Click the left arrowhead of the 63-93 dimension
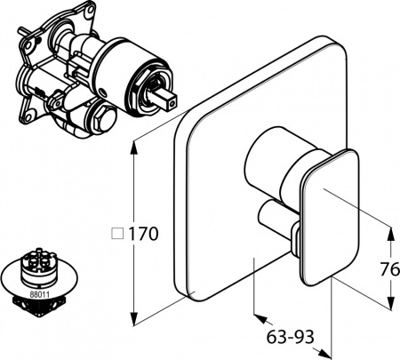pyautogui.click(x=259, y=316)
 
